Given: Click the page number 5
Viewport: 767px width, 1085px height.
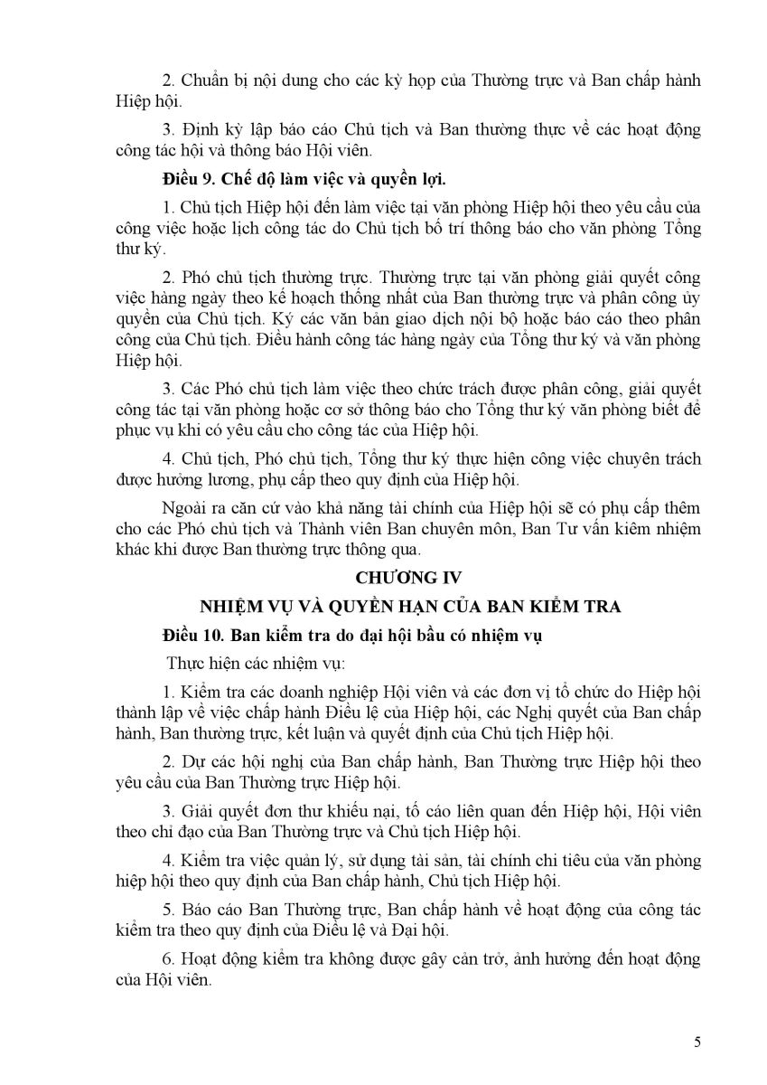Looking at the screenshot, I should tap(697, 1042).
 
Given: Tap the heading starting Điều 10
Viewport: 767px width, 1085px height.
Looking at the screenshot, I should tap(351, 636).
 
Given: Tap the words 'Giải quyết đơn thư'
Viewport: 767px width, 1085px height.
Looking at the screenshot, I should tap(250, 807).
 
